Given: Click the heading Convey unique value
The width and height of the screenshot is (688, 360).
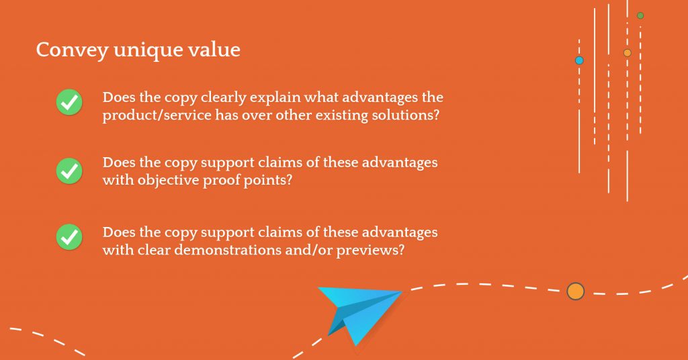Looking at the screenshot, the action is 138,50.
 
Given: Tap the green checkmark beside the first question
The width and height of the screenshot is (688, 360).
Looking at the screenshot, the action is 69,102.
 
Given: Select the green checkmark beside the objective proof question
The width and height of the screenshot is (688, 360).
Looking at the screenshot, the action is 69,171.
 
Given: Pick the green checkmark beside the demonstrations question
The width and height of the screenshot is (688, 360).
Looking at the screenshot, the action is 69,237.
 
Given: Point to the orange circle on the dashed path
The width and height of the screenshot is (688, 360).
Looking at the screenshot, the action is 576,291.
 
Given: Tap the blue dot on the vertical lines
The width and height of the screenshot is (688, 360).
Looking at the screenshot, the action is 579,60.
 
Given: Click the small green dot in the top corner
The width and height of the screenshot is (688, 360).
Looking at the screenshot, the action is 640,16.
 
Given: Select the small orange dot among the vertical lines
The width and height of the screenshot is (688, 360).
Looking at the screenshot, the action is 628,53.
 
